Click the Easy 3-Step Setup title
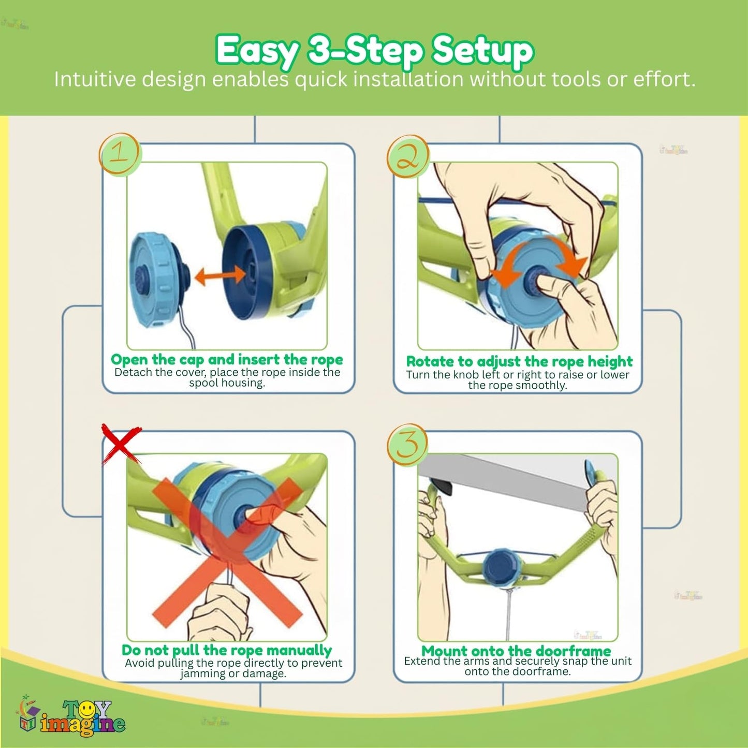(x=374, y=51)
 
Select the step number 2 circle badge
(x=408, y=157)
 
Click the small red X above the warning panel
(x=121, y=444)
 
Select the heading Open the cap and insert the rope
(x=227, y=359)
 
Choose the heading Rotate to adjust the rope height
(x=519, y=361)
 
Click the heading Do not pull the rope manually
(x=227, y=650)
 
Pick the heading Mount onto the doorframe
(x=517, y=651)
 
